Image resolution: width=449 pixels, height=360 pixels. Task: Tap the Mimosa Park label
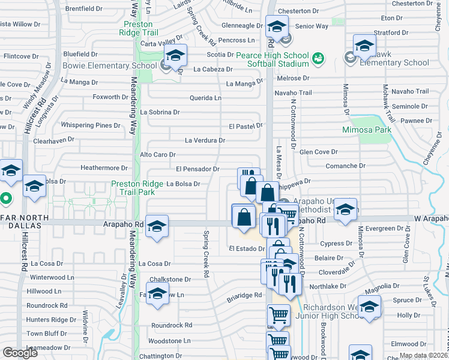(366, 130)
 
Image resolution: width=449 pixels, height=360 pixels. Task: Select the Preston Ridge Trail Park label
(133, 188)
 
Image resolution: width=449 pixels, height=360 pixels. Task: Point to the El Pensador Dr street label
(197, 170)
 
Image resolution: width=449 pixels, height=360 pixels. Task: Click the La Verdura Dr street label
(205, 140)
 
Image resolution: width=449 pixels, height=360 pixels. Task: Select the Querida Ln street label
(206, 98)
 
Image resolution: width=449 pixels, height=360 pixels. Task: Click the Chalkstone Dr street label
(170, 280)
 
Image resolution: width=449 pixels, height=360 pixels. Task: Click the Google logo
(20, 353)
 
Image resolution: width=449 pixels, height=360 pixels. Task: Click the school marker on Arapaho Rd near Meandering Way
(157, 226)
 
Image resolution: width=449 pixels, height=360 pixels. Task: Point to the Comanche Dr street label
(345, 166)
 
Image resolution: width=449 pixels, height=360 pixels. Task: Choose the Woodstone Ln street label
(170, 341)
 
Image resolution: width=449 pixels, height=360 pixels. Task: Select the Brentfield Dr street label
(84, 9)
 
